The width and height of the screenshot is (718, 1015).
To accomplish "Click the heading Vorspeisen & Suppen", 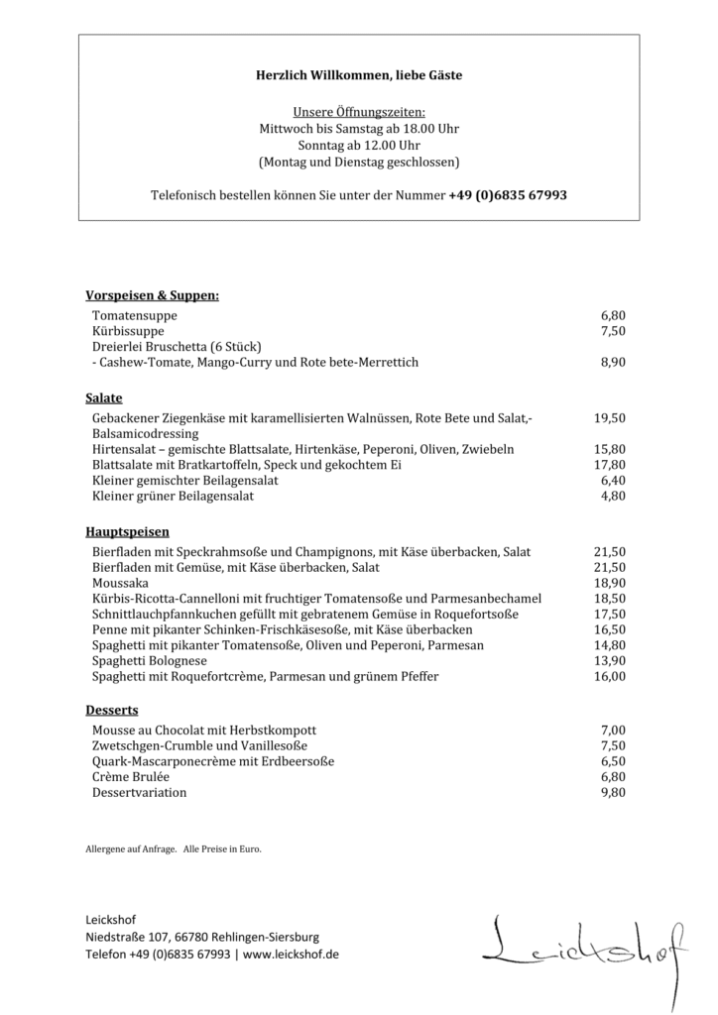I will [152, 295].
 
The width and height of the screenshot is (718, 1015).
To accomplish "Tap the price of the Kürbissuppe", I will [612, 331].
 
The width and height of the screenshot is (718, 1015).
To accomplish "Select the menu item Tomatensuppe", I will [135, 315].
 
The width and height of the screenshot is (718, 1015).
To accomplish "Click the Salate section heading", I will [104, 398].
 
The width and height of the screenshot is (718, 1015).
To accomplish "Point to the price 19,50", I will [610, 418].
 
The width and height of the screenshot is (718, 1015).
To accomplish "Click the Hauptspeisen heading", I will [127, 532].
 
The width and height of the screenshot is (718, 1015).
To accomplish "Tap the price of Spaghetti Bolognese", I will [610, 661].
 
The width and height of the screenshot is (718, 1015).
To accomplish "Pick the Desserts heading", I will [112, 711].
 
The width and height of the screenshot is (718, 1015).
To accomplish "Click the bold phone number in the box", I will [508, 195].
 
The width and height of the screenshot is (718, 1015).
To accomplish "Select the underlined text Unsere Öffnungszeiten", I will [359, 113].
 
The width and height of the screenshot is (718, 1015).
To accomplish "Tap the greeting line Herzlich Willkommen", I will [359, 75].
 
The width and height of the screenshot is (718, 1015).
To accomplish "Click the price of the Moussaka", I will [610, 583].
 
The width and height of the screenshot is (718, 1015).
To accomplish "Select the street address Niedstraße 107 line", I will [202, 937].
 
